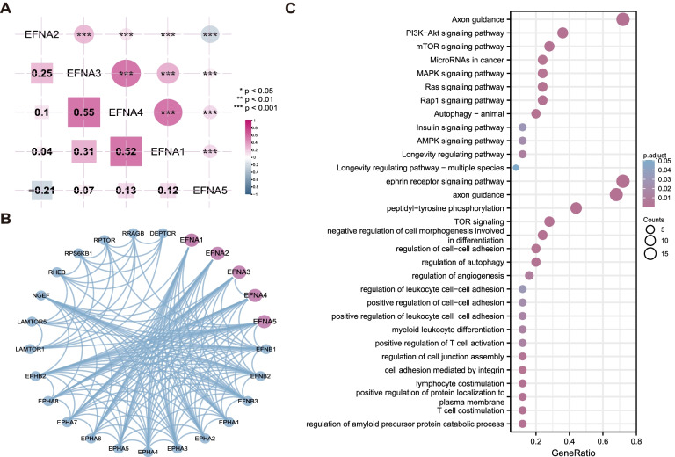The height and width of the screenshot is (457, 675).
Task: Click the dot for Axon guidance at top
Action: [623, 19]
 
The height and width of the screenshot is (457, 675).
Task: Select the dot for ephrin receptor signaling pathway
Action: [623, 181]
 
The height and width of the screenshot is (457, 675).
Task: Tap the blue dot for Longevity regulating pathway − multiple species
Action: [516, 167]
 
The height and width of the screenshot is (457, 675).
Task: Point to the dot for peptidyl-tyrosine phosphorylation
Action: [577, 207]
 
